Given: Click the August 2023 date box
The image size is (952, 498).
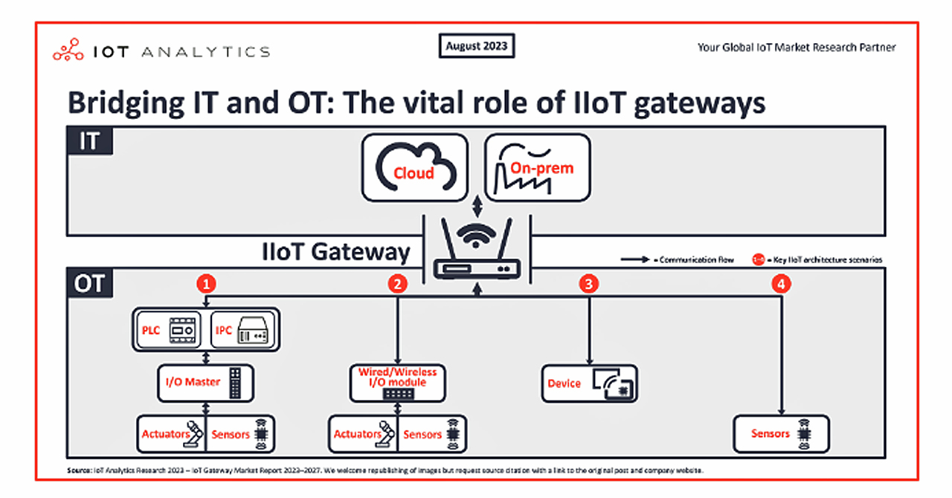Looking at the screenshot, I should tap(477, 46).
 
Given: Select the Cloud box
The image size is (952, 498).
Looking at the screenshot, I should tap(414, 167).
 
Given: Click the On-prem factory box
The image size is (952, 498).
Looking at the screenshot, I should tap(537, 167).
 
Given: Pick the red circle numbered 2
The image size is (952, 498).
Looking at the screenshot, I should tap(399, 283).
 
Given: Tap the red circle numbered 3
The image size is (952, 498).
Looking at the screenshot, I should tap(590, 283).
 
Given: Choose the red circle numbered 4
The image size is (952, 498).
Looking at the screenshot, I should tap(780, 283).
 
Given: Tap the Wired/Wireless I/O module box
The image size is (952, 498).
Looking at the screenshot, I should tap(398, 383).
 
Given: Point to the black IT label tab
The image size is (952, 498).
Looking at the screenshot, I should tap(90, 141).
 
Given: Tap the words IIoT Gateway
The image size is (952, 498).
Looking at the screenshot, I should tap(335, 251).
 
